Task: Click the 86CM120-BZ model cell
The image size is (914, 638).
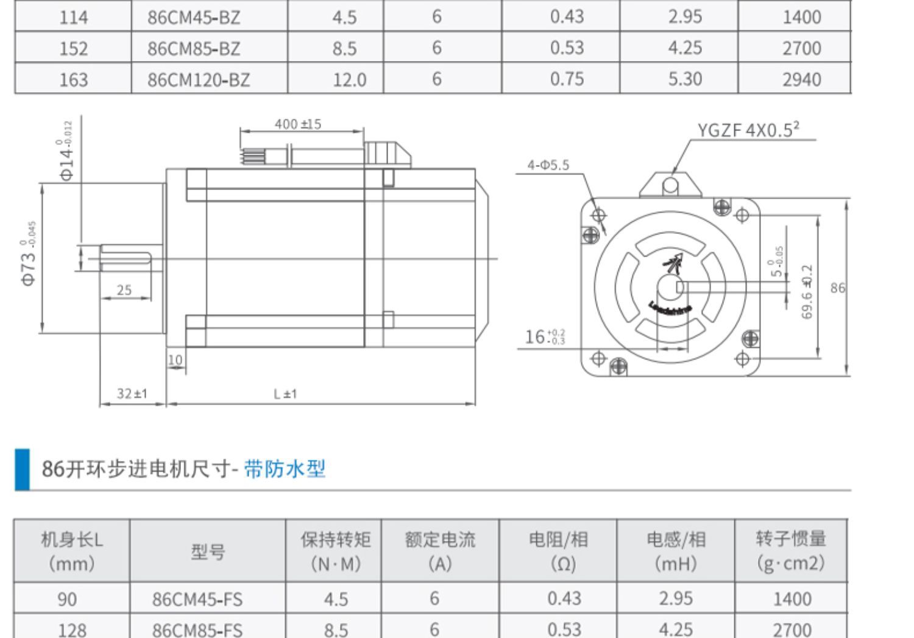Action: click(x=198, y=80)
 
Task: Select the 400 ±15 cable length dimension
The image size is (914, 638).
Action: click(x=298, y=124)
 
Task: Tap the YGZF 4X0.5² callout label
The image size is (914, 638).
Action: click(x=748, y=130)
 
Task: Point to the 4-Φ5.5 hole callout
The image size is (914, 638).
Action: click(x=548, y=165)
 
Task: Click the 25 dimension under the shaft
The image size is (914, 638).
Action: click(x=124, y=290)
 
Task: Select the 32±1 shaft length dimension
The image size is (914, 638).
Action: click(x=132, y=394)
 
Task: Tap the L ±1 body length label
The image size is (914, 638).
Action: click(x=285, y=394)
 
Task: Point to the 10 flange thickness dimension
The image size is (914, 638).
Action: click(x=175, y=360)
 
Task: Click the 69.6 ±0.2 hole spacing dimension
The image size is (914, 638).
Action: click(x=807, y=291)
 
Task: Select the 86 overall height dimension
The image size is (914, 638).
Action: click(x=838, y=288)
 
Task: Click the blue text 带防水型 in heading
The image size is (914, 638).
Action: click(x=285, y=469)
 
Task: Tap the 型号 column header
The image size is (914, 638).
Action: click(x=208, y=551)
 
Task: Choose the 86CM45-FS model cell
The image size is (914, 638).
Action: click(x=197, y=599)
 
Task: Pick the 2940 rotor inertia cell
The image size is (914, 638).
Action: click(x=801, y=80)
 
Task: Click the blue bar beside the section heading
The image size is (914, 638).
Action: click(x=22, y=469)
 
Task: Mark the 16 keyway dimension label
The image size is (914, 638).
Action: click(x=545, y=336)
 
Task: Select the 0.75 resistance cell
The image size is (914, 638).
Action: click(x=567, y=79)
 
